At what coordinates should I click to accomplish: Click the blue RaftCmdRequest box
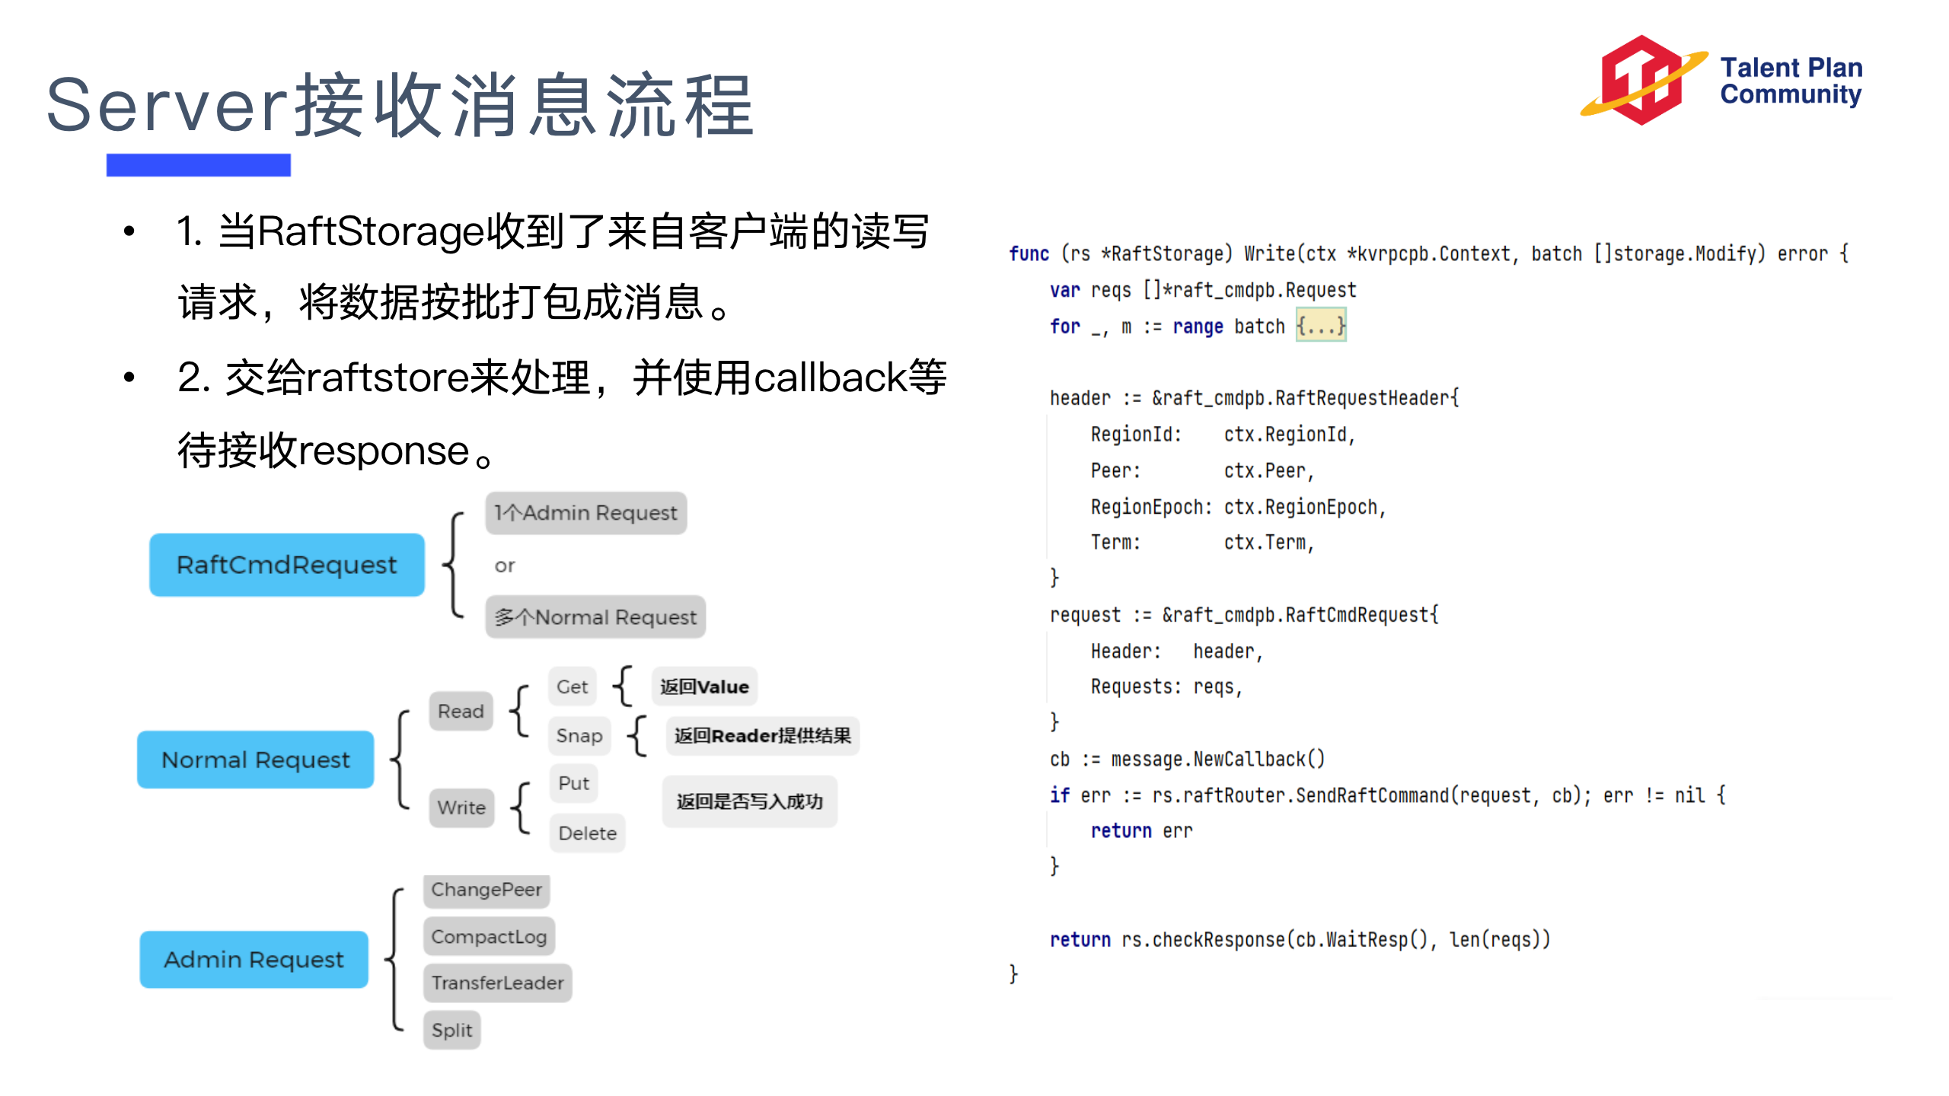286,565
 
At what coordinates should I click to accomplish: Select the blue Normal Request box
255,760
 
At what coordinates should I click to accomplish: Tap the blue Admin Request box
254,959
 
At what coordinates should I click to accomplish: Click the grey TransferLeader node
497,983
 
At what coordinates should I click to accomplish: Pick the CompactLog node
489,936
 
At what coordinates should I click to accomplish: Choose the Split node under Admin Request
451,1030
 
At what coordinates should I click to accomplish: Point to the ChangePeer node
486,890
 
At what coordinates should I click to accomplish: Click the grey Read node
461,711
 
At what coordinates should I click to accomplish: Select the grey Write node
461,807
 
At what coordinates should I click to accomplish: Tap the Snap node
579,735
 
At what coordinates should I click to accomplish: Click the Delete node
587,833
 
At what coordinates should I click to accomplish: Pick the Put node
573,783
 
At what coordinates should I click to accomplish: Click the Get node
572,687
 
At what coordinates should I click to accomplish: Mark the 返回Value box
704,687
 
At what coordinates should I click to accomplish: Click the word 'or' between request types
505,566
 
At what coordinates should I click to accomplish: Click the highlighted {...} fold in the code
1321,326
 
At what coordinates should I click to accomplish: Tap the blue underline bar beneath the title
198,165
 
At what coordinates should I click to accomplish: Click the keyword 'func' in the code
1029,253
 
